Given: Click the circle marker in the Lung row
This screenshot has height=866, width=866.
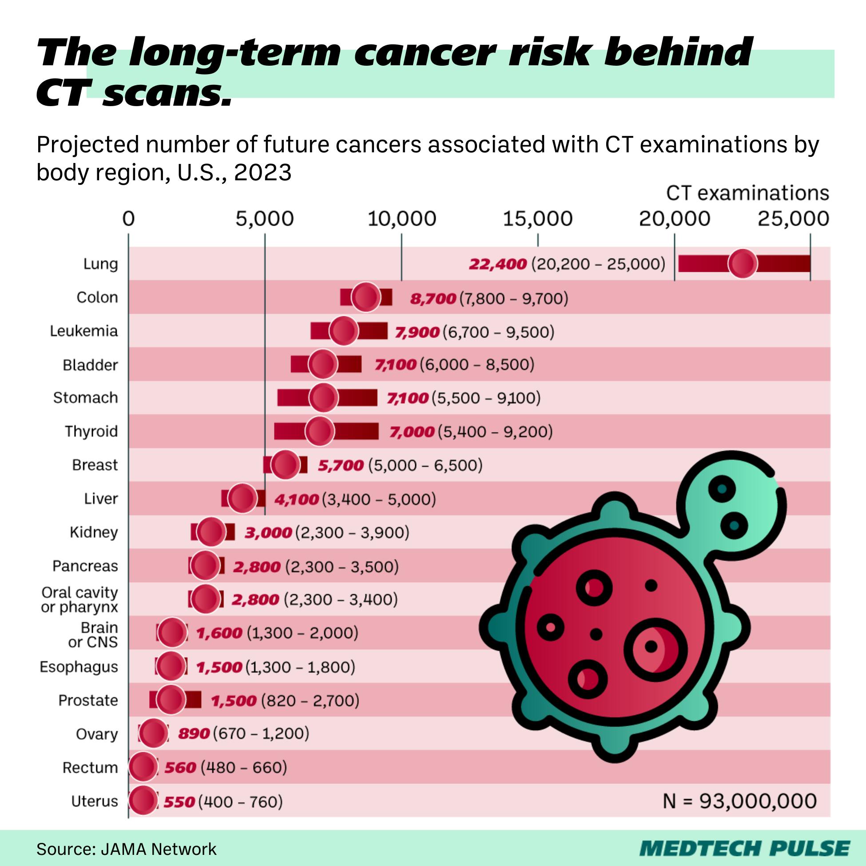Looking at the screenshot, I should pos(742,264).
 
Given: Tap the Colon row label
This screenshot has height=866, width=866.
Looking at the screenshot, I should pos(97,298).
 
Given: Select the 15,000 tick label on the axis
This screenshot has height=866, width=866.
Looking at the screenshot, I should pos(537,219).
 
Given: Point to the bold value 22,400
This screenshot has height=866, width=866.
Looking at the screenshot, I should pos(497,264).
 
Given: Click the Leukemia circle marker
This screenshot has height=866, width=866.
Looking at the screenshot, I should pos(344,331).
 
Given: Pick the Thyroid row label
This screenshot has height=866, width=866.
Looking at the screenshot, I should pos(91,431).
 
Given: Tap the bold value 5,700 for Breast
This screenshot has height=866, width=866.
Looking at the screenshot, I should pos(341,465).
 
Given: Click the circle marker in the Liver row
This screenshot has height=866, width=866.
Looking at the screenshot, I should pos(242,498).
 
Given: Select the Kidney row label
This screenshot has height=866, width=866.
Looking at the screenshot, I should pos(94,532).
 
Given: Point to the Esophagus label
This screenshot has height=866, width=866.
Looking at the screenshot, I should pos(79,667).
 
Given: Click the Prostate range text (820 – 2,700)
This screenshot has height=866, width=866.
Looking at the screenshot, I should pos(310,700).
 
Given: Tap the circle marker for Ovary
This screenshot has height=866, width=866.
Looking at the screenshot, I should pos(153,734).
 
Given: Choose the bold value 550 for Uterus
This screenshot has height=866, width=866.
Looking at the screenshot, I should pos(179,802).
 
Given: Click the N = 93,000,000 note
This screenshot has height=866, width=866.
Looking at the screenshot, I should pos(739,801).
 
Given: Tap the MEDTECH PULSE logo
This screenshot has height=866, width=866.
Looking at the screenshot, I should pos(744,849).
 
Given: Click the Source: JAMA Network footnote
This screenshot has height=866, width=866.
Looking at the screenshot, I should pos(127,849).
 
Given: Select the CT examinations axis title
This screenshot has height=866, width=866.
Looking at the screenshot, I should pos(747,193).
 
